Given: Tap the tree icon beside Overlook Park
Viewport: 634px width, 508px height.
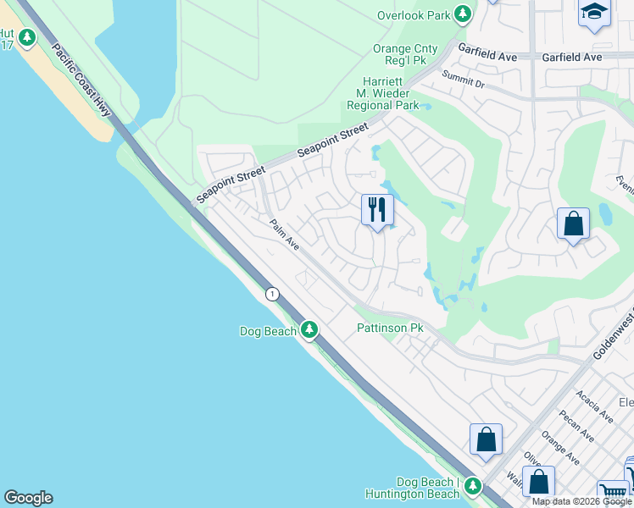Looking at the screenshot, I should point(463,14).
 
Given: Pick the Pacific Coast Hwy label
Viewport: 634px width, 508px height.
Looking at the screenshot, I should point(81,80).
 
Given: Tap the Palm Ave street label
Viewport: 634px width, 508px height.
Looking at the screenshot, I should point(285,235).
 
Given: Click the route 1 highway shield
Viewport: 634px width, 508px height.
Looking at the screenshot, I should point(272,294).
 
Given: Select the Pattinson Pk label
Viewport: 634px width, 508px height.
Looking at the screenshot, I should point(389,328).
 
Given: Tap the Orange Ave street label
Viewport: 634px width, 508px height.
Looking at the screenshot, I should point(560,449).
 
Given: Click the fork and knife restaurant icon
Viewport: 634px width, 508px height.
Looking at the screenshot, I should point(377,208).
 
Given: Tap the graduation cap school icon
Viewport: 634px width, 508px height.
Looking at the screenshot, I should point(594,12).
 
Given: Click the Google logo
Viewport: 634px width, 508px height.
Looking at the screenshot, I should point(28,498).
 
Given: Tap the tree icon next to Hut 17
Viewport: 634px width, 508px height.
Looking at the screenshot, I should point(27,38).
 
